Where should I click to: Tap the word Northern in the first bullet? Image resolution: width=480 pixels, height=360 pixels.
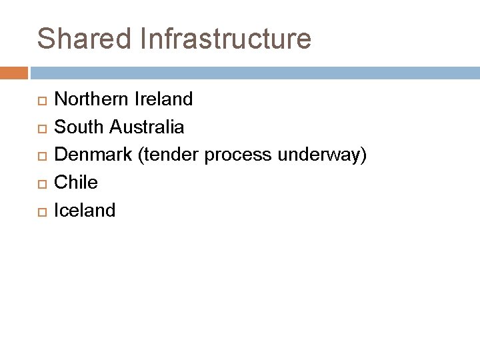click(95, 99)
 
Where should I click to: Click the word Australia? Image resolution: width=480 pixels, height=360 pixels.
click(147, 126)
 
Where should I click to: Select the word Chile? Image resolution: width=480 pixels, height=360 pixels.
click(76, 182)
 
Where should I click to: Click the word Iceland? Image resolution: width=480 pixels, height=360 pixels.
click(85, 210)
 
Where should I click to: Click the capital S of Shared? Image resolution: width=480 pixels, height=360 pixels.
click(46, 38)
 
